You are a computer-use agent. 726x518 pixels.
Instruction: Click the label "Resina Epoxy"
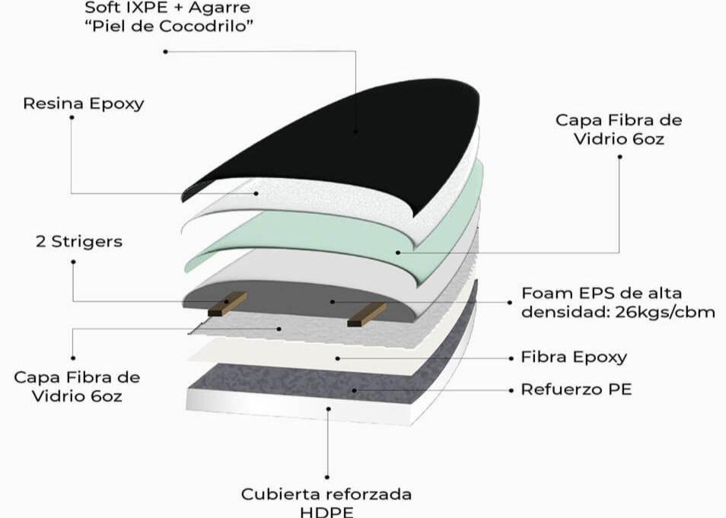[x=83, y=103]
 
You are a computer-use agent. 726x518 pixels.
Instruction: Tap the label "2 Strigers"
[x=78, y=242]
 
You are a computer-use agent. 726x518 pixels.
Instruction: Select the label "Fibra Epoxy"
[x=574, y=357]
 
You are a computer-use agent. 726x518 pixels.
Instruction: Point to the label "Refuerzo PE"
[x=576, y=389]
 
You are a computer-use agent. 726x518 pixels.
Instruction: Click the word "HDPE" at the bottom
[x=326, y=511]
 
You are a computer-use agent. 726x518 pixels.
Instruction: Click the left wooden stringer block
[x=227, y=304]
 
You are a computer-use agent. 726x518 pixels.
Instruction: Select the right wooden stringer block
[x=366, y=314]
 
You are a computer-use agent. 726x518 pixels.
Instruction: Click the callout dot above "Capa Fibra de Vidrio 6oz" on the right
[x=619, y=157]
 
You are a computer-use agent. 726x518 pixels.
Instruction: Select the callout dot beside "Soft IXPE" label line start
[x=166, y=51]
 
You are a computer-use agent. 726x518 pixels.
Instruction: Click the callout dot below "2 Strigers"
[x=73, y=262]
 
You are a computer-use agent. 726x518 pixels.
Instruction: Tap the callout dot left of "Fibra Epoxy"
[x=509, y=357]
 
